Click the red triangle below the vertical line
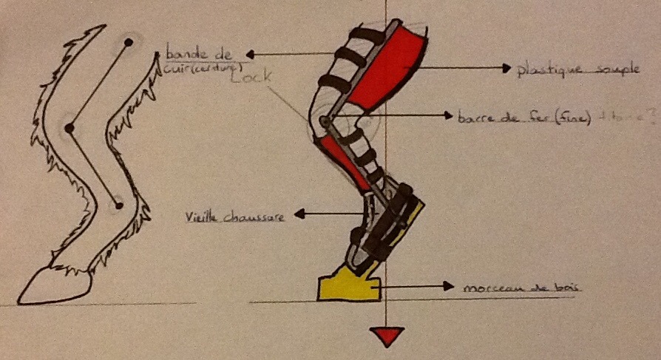tap(387, 336)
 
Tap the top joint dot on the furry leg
tap(129, 42)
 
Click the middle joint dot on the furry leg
tap(69, 129)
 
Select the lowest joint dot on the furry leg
tap(118, 203)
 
